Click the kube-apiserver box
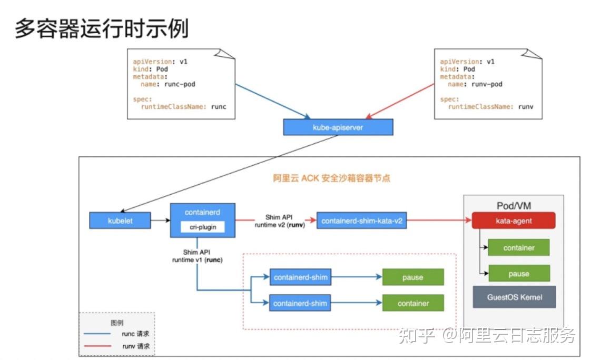338,127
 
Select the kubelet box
120,221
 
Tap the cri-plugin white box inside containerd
203,227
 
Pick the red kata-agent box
514,221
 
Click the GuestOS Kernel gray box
514,297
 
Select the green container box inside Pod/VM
518,247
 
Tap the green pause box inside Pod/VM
518,274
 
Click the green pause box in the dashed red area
412,277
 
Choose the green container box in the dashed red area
412,303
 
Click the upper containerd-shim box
300,277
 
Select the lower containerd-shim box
300,303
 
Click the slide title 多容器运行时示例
102,28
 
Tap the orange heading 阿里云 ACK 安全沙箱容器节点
331,178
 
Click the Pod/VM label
514,205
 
